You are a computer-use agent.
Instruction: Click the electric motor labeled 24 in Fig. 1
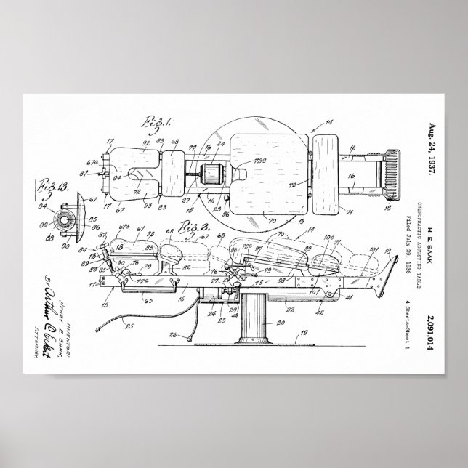click(213, 175)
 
